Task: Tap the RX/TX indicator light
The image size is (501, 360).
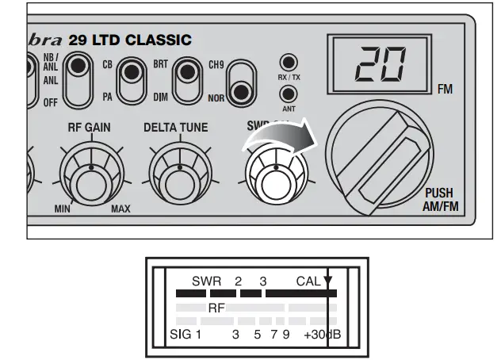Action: (x=288, y=63)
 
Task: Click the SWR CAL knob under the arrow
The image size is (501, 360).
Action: (x=273, y=176)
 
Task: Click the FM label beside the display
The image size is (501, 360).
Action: (x=446, y=90)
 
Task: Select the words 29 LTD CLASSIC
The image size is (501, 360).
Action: (x=130, y=40)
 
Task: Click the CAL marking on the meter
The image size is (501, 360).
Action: (x=308, y=281)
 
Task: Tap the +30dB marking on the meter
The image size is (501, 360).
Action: (x=322, y=335)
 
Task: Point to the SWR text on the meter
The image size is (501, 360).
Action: (x=206, y=281)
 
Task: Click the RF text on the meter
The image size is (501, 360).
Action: (x=216, y=307)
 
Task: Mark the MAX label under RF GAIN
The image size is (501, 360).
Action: (x=120, y=209)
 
